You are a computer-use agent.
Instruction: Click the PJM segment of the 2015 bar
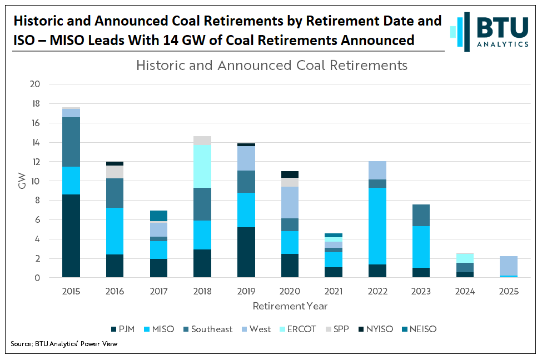[71, 236]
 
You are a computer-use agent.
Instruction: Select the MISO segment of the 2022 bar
[377, 226]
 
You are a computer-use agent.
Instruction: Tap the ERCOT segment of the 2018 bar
[202, 166]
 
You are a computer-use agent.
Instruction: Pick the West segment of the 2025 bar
[508, 266]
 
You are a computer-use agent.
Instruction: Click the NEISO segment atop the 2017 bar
[158, 216]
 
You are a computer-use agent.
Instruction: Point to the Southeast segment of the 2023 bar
[421, 215]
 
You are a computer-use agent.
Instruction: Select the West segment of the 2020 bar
[290, 202]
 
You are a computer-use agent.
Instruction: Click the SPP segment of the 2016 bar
[115, 172]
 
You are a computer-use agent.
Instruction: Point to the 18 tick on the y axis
[35, 104]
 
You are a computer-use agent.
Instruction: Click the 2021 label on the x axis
[333, 292]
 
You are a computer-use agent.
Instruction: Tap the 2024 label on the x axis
[464, 292]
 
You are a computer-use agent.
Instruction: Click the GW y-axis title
[22, 181]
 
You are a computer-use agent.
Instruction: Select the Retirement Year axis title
[290, 306]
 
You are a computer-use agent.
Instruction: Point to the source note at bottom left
[64, 344]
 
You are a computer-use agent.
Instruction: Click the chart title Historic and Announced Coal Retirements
[272, 66]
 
